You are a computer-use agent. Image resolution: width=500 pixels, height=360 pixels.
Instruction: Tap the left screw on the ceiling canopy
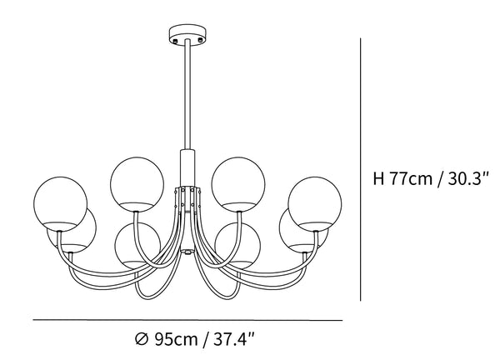(174, 41)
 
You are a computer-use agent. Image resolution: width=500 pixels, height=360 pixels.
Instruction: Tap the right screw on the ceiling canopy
(200, 40)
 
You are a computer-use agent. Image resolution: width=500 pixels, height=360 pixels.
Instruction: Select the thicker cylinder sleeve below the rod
(187, 167)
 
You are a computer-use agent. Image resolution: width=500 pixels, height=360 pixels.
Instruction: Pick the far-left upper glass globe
(60, 203)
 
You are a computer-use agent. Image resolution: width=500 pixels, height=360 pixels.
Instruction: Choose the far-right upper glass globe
(315, 203)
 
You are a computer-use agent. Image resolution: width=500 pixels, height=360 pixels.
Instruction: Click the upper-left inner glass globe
(137, 184)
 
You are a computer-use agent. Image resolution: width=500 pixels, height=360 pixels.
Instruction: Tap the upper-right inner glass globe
(238, 184)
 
